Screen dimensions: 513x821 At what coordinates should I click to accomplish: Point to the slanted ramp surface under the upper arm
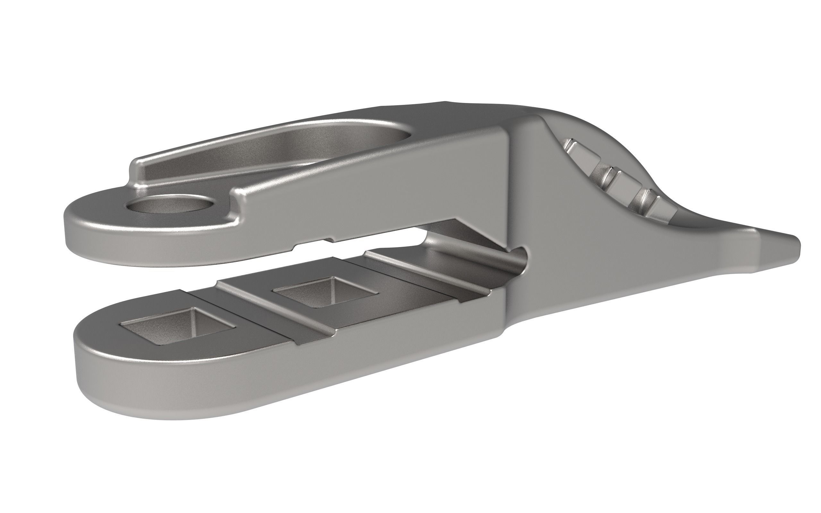click(475, 234)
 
